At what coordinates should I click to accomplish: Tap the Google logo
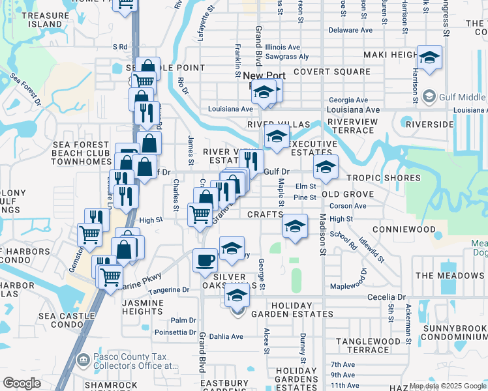(22, 383)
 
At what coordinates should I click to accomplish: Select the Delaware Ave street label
(350, 30)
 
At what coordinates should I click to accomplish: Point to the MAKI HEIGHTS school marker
(429, 59)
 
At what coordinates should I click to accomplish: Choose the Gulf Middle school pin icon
(429, 98)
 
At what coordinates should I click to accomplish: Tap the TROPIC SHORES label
(383, 178)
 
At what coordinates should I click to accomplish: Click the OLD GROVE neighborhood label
(347, 194)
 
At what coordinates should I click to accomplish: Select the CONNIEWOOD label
(404, 230)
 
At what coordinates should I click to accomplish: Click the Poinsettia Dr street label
(174, 332)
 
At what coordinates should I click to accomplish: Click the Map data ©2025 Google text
(448, 386)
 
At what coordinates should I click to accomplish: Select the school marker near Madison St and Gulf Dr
(326, 167)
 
